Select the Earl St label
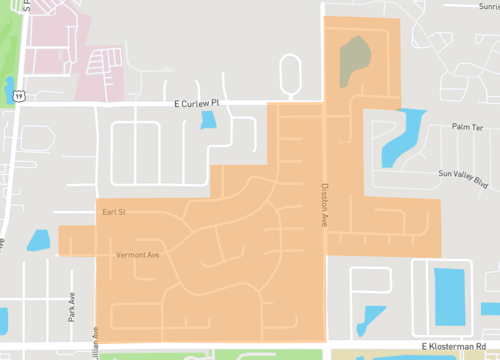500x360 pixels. coord(111,213)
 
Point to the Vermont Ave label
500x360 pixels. coord(137,254)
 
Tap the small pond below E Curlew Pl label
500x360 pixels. coord(208,122)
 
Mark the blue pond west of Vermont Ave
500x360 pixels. coord(39,241)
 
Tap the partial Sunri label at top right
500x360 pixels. coord(486,6)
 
